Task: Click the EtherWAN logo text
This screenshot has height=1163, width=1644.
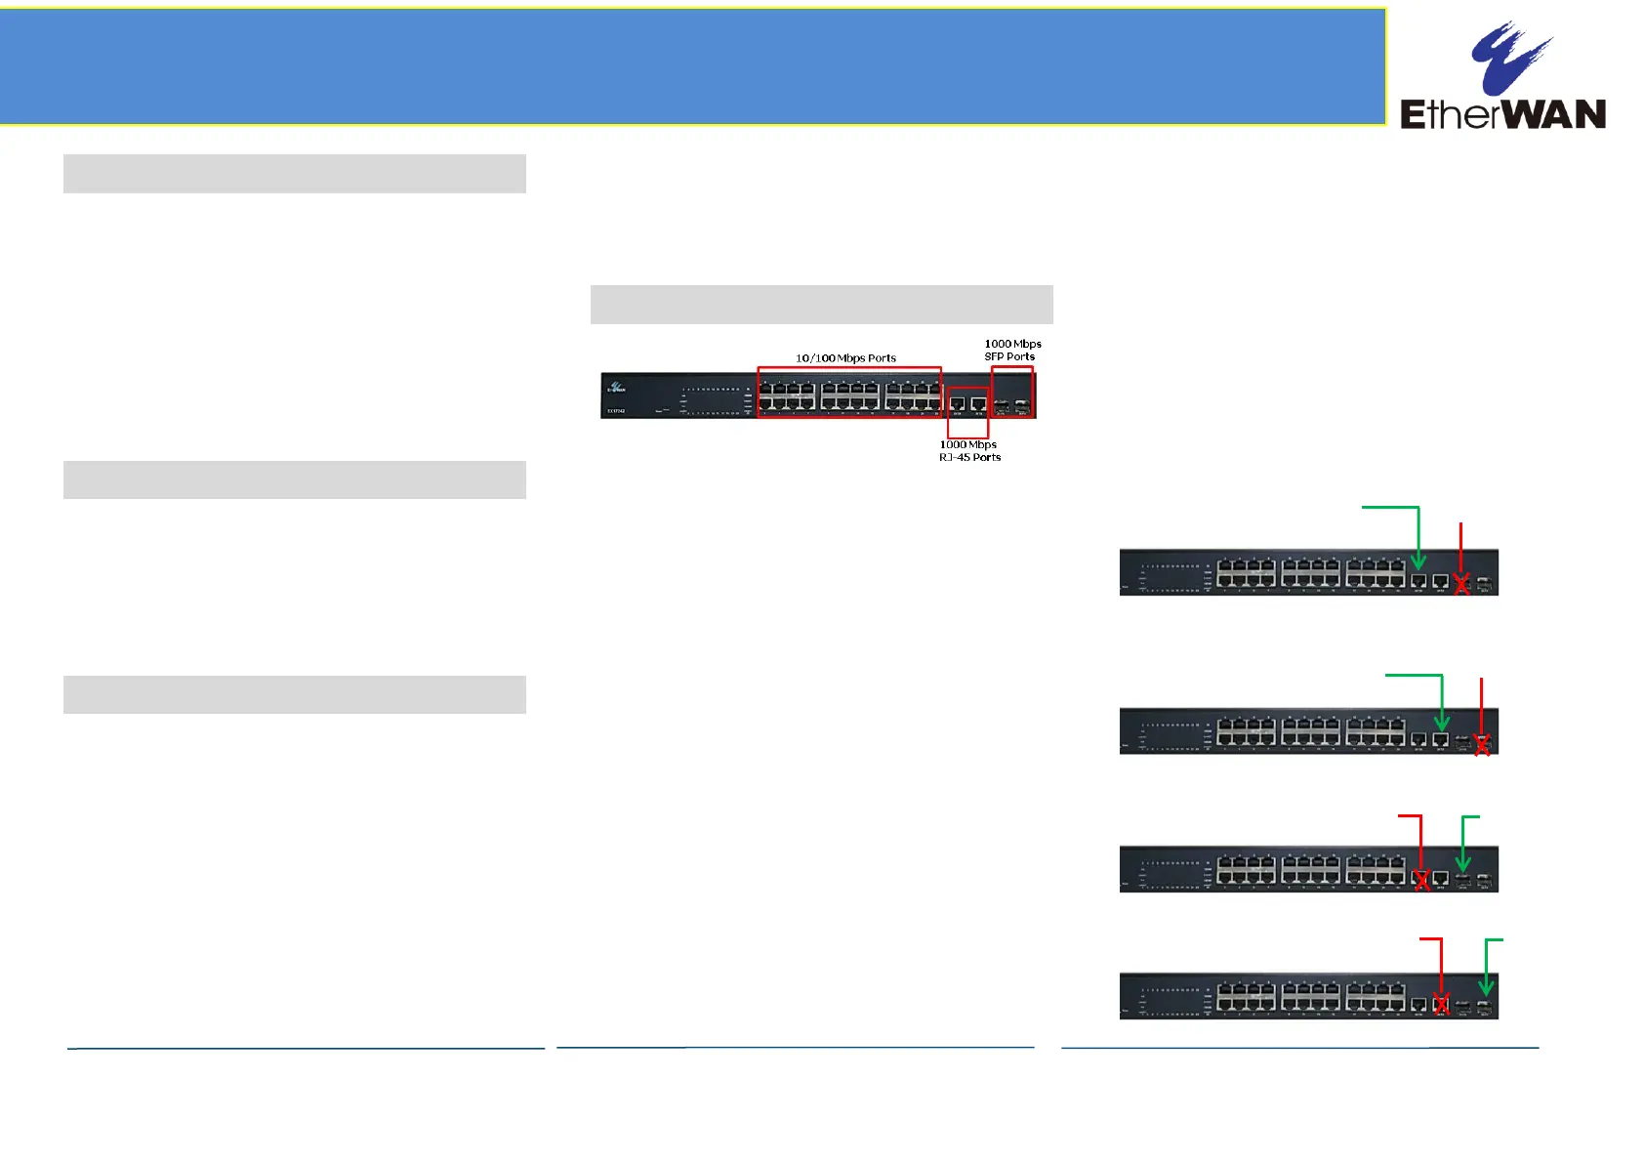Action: click(1502, 114)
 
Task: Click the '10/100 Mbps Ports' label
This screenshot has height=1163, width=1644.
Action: click(845, 358)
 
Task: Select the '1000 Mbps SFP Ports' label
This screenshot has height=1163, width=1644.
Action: click(1012, 350)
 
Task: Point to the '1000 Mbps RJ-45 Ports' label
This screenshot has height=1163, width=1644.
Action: click(969, 451)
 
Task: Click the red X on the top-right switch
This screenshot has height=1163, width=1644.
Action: click(1461, 584)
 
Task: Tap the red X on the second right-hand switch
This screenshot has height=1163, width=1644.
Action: click(1482, 745)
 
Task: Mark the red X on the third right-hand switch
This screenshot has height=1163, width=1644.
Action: click(1421, 880)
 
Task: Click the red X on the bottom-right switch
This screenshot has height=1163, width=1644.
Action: click(1442, 1004)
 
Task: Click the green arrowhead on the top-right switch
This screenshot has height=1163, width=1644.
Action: click(1418, 562)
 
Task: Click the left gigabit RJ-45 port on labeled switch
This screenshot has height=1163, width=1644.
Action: click(958, 403)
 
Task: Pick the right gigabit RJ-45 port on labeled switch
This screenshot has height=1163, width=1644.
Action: click(978, 403)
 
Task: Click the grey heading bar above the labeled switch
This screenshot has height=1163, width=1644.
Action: click(821, 305)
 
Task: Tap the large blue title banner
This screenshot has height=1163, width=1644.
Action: click(692, 66)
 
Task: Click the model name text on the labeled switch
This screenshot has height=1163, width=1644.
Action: click(615, 411)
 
